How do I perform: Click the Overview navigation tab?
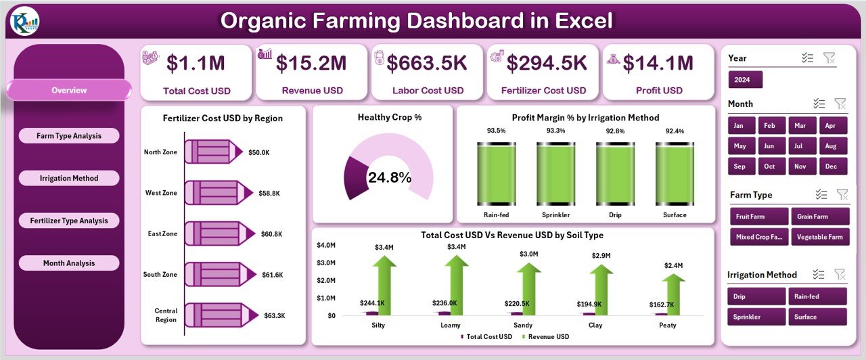click(69, 90)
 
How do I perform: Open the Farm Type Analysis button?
click(69, 136)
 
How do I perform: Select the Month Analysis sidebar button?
click(69, 263)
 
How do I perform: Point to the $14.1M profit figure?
click(658, 63)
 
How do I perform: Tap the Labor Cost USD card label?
click(428, 91)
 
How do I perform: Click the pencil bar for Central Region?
click(213, 315)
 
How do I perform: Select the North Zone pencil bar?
click(213, 152)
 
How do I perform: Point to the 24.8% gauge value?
click(389, 178)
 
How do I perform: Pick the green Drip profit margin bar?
click(615, 173)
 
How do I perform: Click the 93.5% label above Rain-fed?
click(496, 131)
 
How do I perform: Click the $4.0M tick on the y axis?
click(326, 245)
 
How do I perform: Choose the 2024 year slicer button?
click(745, 80)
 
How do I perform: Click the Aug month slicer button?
click(831, 146)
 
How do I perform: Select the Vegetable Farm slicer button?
click(819, 237)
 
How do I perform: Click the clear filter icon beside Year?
click(829, 58)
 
